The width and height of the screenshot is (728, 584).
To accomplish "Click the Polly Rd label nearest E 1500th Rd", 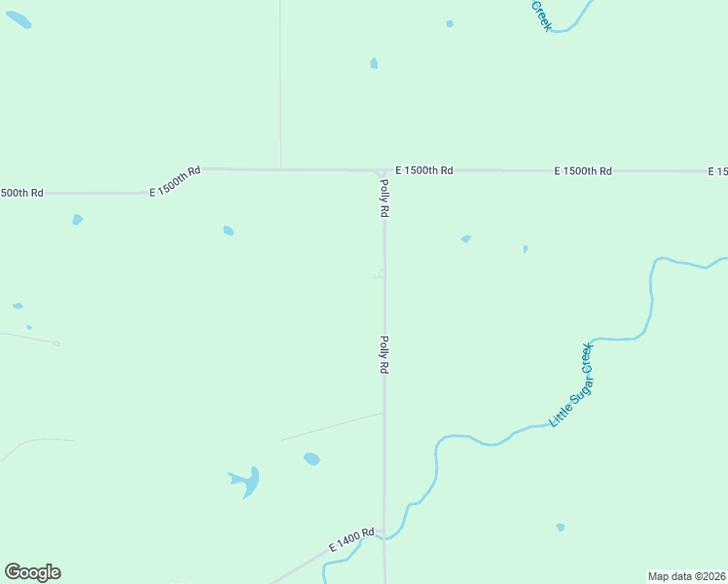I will coord(385,198).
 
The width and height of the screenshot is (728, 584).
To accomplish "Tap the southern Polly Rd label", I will coord(384,355).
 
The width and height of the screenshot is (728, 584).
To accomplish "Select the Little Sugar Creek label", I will coord(571,384).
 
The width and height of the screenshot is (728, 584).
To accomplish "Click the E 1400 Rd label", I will coord(351,541).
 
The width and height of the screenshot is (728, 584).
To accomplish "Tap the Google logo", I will coord(32,572).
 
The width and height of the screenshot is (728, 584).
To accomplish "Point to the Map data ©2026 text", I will coord(686,575).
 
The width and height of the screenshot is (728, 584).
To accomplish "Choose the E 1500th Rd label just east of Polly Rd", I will coord(424,170).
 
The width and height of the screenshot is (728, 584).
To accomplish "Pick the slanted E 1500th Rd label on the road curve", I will coord(175,181).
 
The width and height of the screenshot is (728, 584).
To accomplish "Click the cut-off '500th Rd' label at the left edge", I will coord(21,193).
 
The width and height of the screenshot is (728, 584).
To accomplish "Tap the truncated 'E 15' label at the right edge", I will coord(717,171).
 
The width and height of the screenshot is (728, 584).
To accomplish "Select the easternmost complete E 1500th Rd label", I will coord(583,171).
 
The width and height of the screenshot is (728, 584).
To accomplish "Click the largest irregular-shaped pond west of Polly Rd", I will coord(248,481).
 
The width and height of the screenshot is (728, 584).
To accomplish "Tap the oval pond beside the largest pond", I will coord(311,458).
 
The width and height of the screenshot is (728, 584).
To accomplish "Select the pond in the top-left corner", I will coord(18,19).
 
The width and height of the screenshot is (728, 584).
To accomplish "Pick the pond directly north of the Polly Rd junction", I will coord(374,64).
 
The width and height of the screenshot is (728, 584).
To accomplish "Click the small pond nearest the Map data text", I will coord(560,528).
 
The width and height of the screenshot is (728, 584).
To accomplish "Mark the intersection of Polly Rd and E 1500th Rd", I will coord(380,171).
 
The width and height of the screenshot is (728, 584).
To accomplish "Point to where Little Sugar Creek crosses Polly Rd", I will coord(384,536).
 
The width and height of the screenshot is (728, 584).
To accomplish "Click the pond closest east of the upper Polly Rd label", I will coord(466,238).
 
